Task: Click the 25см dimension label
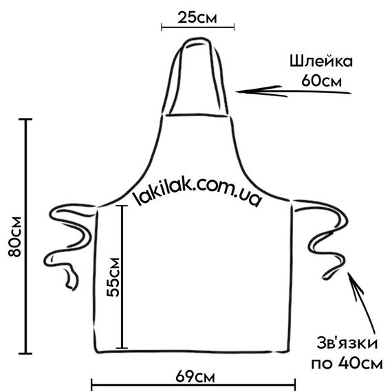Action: [197, 17]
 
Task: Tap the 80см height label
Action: [14, 237]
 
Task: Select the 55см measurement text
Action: [113, 277]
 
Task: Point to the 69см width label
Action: [195, 377]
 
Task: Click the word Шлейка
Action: [321, 61]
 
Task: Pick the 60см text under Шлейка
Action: [321, 80]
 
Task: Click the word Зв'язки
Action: [347, 343]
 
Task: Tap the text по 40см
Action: [347, 363]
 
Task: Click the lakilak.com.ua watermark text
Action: [198, 191]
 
